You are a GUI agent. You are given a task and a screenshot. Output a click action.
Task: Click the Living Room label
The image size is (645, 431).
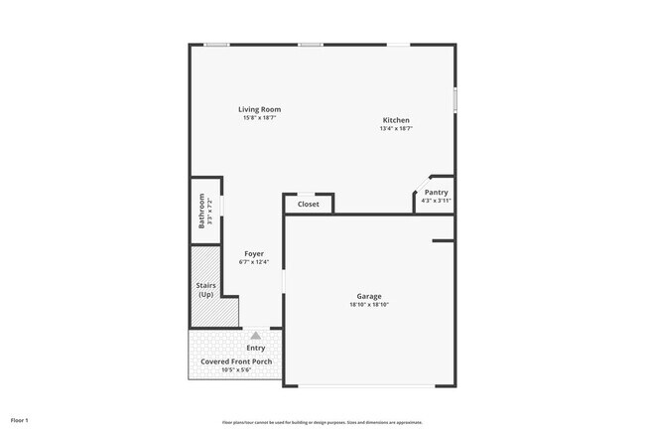click(x=259, y=109)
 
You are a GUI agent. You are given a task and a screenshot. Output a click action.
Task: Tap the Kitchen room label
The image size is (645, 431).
click(x=395, y=120)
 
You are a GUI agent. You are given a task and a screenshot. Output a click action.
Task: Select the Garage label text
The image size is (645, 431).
click(x=369, y=296)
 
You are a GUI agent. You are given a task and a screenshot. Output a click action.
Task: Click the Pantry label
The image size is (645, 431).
click(x=436, y=192)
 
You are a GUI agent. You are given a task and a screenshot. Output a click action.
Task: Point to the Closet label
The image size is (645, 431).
click(x=309, y=205)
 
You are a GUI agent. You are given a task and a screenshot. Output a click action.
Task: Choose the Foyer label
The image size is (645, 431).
click(x=254, y=253)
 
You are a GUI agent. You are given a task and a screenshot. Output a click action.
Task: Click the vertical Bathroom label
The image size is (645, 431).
click(x=201, y=211)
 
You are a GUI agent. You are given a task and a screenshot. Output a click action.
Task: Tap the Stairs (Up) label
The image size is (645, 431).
click(x=205, y=290)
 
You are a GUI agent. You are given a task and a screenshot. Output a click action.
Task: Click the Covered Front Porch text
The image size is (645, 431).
click(x=236, y=361)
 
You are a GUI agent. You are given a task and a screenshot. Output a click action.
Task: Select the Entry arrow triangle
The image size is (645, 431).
click(x=256, y=336)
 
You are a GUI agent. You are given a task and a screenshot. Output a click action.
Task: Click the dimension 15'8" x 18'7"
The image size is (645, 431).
click(x=259, y=118)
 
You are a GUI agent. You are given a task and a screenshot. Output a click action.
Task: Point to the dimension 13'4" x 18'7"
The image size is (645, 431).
click(x=395, y=129)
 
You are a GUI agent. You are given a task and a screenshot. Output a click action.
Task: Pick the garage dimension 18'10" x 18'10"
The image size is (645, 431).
click(x=369, y=305)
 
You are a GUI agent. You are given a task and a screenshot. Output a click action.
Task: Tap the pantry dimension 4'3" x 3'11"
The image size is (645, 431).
click(x=436, y=201)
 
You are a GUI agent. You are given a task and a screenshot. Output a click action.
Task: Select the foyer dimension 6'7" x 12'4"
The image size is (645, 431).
click(x=254, y=262)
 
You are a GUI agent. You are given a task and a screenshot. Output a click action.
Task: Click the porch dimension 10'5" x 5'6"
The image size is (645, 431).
click(x=236, y=370)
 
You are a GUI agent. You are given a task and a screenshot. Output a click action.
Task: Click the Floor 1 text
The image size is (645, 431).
click(x=20, y=420)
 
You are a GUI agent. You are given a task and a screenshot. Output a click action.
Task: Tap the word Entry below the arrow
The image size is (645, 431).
click(x=256, y=349)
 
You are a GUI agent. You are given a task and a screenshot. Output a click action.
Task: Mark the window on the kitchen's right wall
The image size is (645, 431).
click(x=454, y=100)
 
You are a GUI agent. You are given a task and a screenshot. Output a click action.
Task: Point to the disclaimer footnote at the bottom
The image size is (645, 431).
click(x=322, y=421)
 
